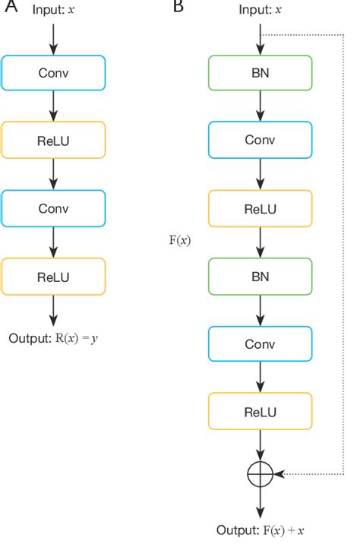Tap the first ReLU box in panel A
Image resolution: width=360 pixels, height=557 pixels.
53,141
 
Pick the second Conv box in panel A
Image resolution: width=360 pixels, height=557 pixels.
53,208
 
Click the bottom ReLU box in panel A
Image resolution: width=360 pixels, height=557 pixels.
53,276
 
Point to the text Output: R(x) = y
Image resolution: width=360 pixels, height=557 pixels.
53,337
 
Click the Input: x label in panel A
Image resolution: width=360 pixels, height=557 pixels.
53,10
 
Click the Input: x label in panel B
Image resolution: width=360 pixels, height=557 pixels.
260,10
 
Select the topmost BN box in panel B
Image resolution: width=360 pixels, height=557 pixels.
260,74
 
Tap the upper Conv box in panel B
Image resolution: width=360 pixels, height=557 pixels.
260,141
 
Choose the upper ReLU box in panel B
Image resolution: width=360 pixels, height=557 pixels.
260,208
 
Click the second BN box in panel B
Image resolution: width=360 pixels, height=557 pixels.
260,276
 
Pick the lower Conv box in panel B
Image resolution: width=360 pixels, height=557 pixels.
260,343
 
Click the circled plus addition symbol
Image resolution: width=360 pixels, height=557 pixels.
260,473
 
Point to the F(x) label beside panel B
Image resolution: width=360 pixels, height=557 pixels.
179,241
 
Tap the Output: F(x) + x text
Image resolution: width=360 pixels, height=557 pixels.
260,530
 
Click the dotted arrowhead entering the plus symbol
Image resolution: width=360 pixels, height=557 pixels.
278,473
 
